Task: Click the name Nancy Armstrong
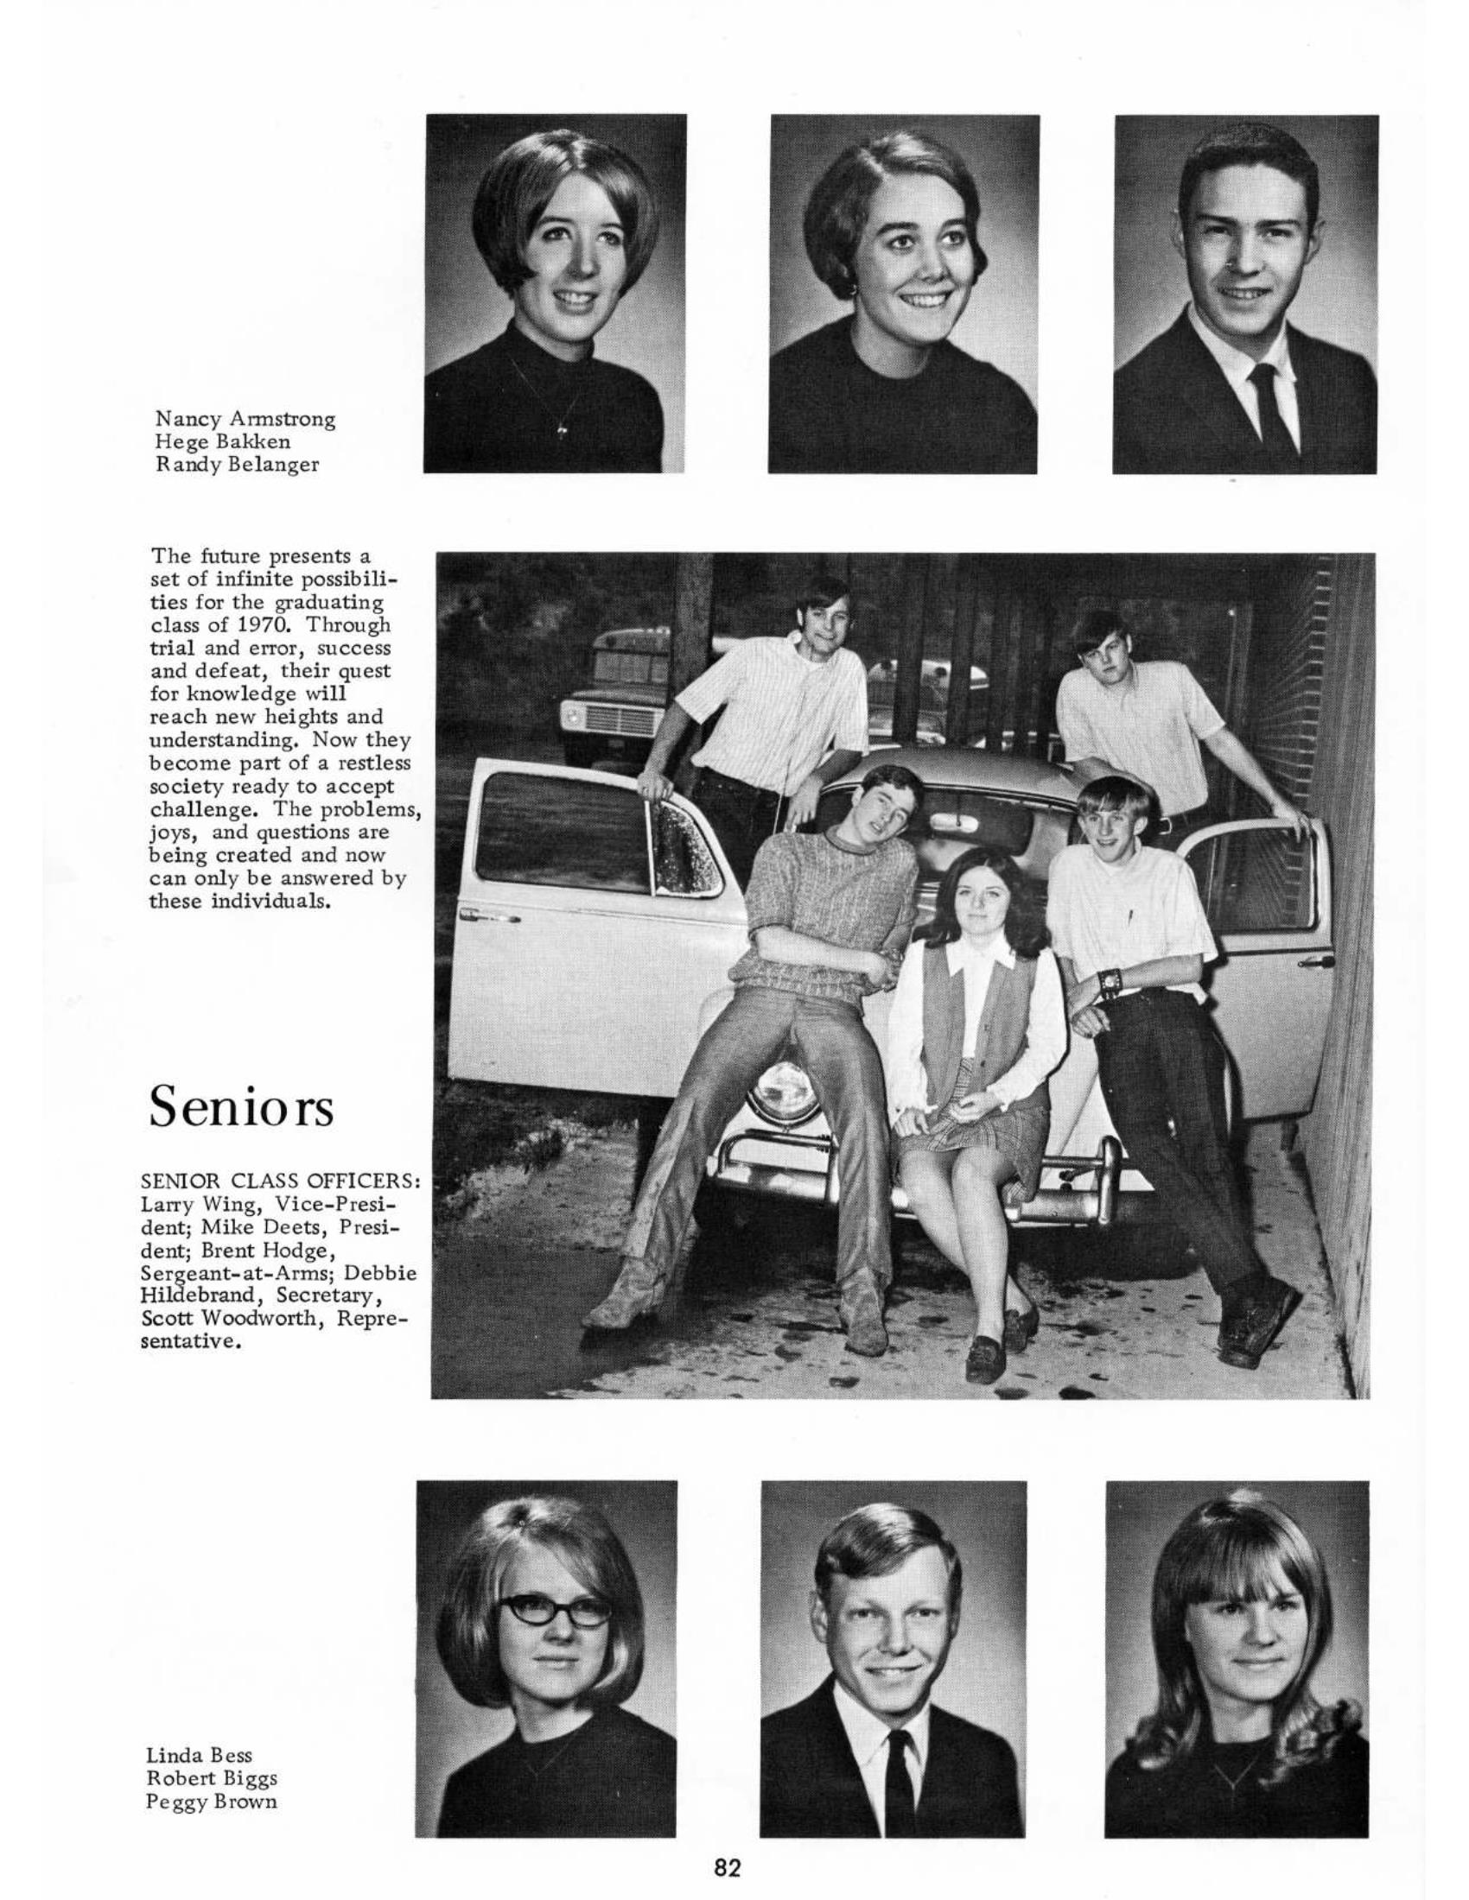(245, 420)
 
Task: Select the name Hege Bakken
(223, 442)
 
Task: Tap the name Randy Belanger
(237, 465)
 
